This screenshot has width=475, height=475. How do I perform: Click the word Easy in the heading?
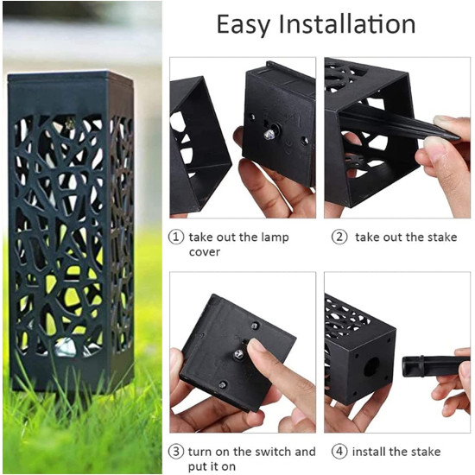tap(243, 25)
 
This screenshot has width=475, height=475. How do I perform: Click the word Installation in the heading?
tap(347, 23)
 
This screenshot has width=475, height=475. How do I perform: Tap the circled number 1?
tap(176, 237)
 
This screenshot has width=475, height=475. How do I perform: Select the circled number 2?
tap(339, 237)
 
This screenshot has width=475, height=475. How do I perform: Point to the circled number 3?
tap(176, 452)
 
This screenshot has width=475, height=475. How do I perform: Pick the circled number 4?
tap(339, 452)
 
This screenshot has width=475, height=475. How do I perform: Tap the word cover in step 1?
tap(205, 252)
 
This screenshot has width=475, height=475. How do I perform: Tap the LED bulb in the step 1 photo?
tap(269, 135)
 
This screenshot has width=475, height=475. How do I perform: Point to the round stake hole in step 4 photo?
tap(371, 367)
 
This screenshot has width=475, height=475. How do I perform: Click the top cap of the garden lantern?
tap(70, 77)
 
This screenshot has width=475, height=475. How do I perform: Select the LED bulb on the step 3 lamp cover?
tap(238, 354)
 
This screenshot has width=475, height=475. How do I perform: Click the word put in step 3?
tap(199, 467)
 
